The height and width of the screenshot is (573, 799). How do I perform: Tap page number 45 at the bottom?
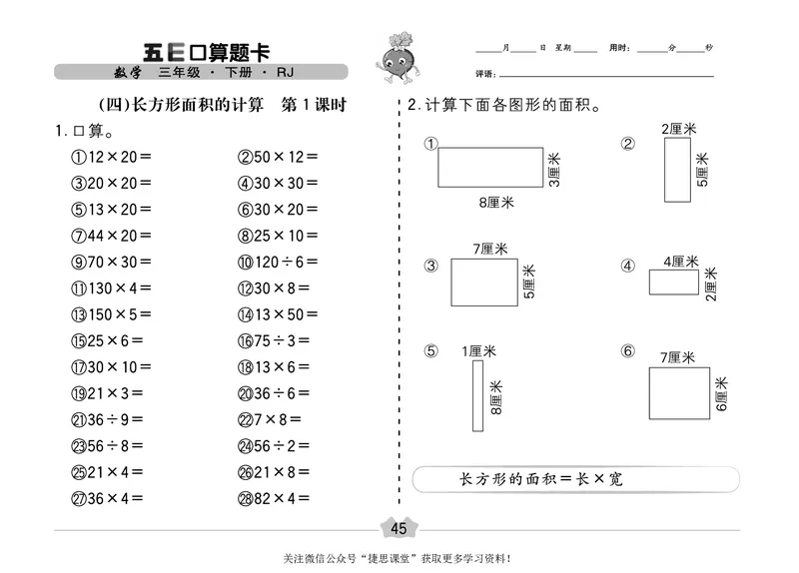tap(399, 527)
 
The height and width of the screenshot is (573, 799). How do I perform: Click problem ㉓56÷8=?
tap(109, 445)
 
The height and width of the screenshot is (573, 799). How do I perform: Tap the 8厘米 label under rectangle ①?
tap(494, 202)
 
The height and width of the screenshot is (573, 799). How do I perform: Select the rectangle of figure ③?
tap(483, 282)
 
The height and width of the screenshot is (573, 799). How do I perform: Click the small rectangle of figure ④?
tap(674, 283)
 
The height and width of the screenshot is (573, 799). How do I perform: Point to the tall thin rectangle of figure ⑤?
tap(477, 396)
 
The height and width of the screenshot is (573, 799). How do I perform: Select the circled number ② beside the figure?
tap(628, 143)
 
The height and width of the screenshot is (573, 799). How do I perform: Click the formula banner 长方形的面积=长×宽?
tap(537, 479)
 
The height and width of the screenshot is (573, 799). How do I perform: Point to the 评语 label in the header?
tap(486, 75)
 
